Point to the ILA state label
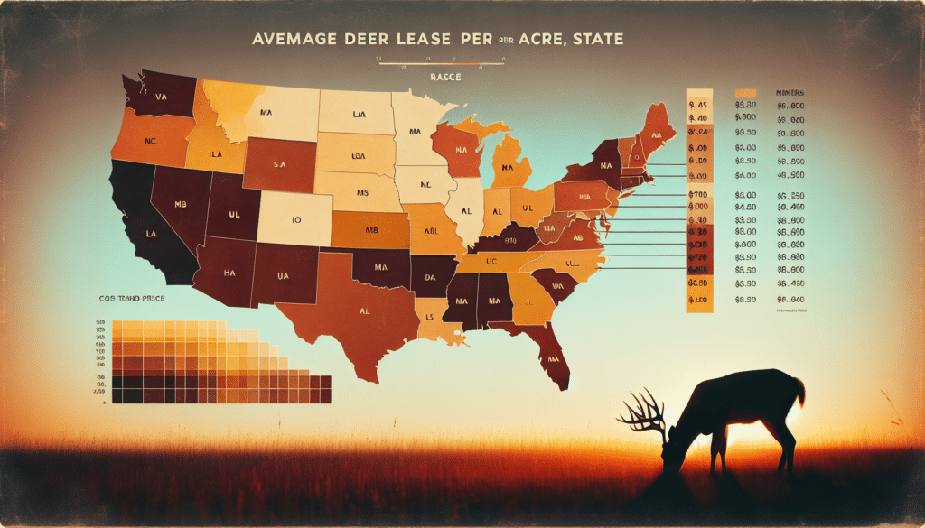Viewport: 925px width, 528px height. coord(213,153)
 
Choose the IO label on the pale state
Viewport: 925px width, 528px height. coord(295,218)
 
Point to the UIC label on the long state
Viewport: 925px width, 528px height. coord(493,260)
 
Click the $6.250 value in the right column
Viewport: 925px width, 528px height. coord(791,194)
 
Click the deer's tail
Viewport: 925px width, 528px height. coord(799,391)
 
